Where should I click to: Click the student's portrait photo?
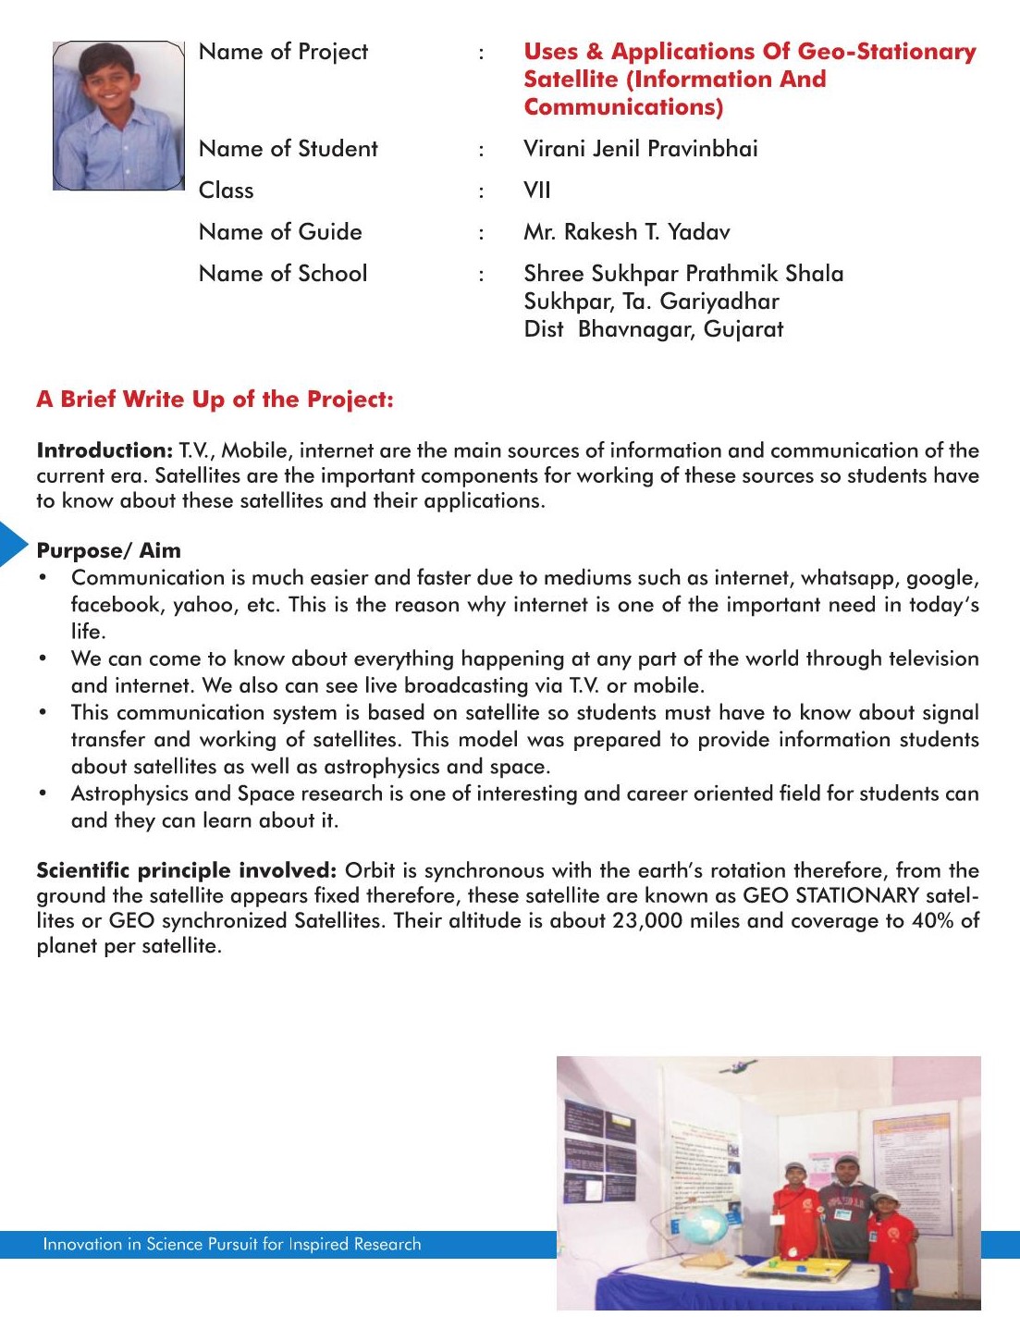click(x=118, y=116)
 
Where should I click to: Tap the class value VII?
click(x=537, y=191)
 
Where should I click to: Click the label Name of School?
click(x=283, y=274)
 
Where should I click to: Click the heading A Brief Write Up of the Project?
click(x=215, y=400)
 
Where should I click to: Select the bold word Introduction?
click(x=104, y=451)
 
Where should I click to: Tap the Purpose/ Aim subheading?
click(x=108, y=551)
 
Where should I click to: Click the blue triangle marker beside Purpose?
click(x=13, y=544)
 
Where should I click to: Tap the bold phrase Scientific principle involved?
click(x=186, y=871)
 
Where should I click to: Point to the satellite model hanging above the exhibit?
click(x=735, y=1066)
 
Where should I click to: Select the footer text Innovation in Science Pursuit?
click(x=231, y=1245)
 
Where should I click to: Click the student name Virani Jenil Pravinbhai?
click(x=640, y=149)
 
